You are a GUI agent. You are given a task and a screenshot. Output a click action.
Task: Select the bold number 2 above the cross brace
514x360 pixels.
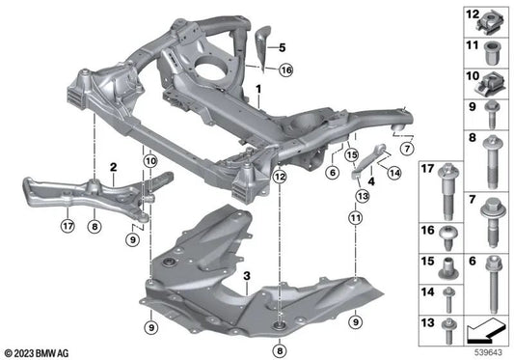[113, 167]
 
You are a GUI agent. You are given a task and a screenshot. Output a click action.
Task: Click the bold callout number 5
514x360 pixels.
[284, 47]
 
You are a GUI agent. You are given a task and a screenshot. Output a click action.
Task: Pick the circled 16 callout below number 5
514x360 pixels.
[284, 70]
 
